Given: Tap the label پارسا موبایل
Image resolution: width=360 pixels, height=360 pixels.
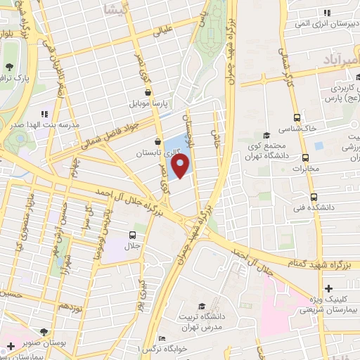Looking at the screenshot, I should (150, 103).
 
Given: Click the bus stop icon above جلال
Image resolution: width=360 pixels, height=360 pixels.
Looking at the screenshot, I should (133, 236).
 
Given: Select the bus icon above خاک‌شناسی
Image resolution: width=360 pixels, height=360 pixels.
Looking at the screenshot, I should (297, 118).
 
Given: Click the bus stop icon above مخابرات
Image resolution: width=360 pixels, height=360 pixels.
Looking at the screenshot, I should (305, 158).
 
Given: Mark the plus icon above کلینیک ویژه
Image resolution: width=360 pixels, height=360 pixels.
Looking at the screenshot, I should (328, 288).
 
